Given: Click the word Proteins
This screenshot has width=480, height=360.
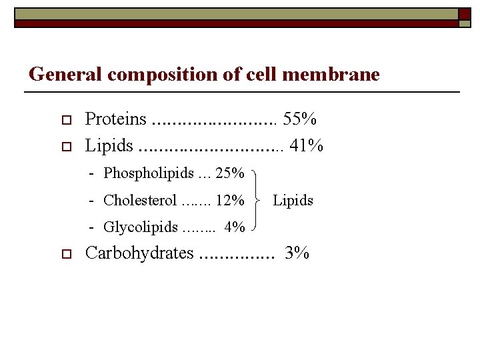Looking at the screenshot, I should click(115, 119).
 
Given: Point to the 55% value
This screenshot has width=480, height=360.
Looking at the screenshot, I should click(299, 119).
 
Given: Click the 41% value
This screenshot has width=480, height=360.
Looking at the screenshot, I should click(307, 145).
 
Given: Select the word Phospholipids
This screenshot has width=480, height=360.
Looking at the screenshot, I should click(147, 174).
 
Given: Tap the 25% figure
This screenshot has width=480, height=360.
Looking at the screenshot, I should click(230, 174).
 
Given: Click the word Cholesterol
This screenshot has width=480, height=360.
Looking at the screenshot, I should click(140, 200).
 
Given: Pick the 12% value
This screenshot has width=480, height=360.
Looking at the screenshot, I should click(230, 200).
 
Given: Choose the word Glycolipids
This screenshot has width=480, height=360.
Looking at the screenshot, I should click(141, 227).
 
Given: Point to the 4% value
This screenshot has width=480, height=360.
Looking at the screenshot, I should click(235, 227).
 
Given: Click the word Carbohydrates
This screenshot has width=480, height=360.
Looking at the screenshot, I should click(139, 253).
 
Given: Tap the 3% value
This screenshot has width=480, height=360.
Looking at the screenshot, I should click(297, 253).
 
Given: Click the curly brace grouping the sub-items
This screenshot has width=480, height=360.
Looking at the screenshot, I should click(257, 200).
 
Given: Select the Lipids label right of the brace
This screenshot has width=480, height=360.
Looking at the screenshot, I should click(293, 200).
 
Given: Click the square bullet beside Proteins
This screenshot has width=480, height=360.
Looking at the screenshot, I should click(65, 121).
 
